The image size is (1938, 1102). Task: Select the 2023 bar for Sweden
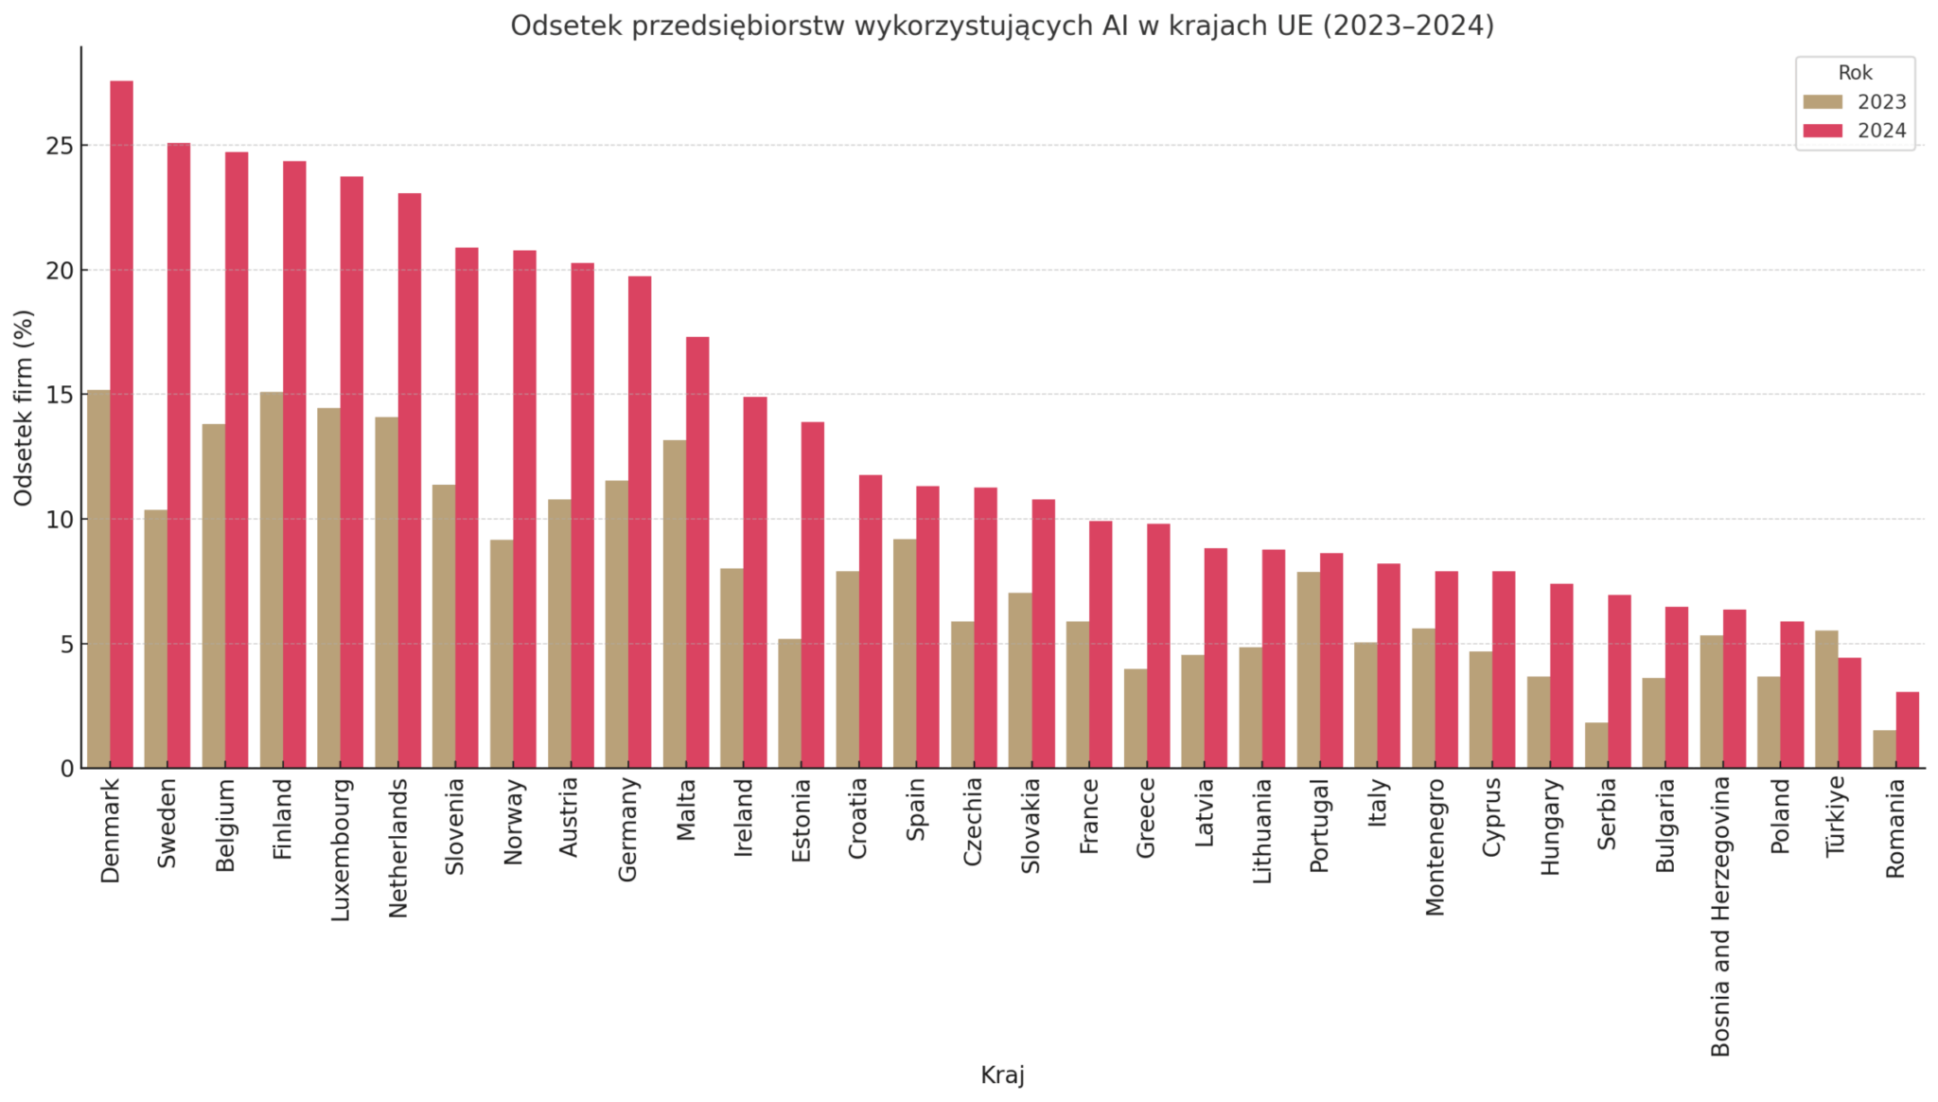155,639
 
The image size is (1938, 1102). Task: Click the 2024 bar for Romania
1907,730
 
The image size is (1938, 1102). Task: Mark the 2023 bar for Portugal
1308,669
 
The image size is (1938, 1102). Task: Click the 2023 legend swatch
1823,102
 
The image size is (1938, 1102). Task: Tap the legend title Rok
1855,73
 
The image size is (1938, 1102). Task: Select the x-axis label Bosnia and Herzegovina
1721,915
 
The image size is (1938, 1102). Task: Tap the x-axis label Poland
1780,815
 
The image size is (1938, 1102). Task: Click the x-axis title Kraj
1002,1075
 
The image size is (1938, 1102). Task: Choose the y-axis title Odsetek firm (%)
24,407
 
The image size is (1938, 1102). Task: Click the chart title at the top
1002,26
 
